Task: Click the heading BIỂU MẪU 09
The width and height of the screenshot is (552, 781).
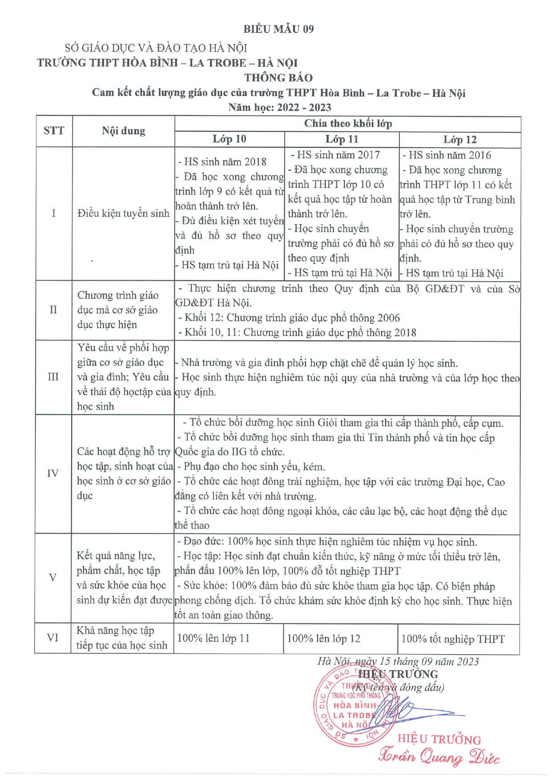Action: point(278,29)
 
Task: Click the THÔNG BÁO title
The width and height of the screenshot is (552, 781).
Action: point(278,78)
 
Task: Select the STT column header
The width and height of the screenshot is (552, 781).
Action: point(54,131)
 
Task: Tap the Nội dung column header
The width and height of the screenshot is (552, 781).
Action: point(123,131)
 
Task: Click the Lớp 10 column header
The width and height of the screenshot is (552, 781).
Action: point(229,139)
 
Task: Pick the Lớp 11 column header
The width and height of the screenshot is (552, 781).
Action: point(342,139)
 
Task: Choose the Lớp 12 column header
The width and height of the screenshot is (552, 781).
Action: point(459,140)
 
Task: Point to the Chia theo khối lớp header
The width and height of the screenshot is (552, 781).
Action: point(348,124)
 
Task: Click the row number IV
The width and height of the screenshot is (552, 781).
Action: point(53,473)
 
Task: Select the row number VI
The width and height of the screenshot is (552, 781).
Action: point(52,638)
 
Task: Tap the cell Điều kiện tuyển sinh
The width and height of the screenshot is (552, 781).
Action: point(123,214)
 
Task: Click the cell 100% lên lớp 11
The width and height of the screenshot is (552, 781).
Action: point(214,639)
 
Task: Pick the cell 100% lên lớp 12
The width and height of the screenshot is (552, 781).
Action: point(323,639)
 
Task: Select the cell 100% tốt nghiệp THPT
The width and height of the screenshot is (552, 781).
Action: point(453,639)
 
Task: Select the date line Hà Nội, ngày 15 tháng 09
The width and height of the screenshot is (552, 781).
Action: point(398,662)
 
